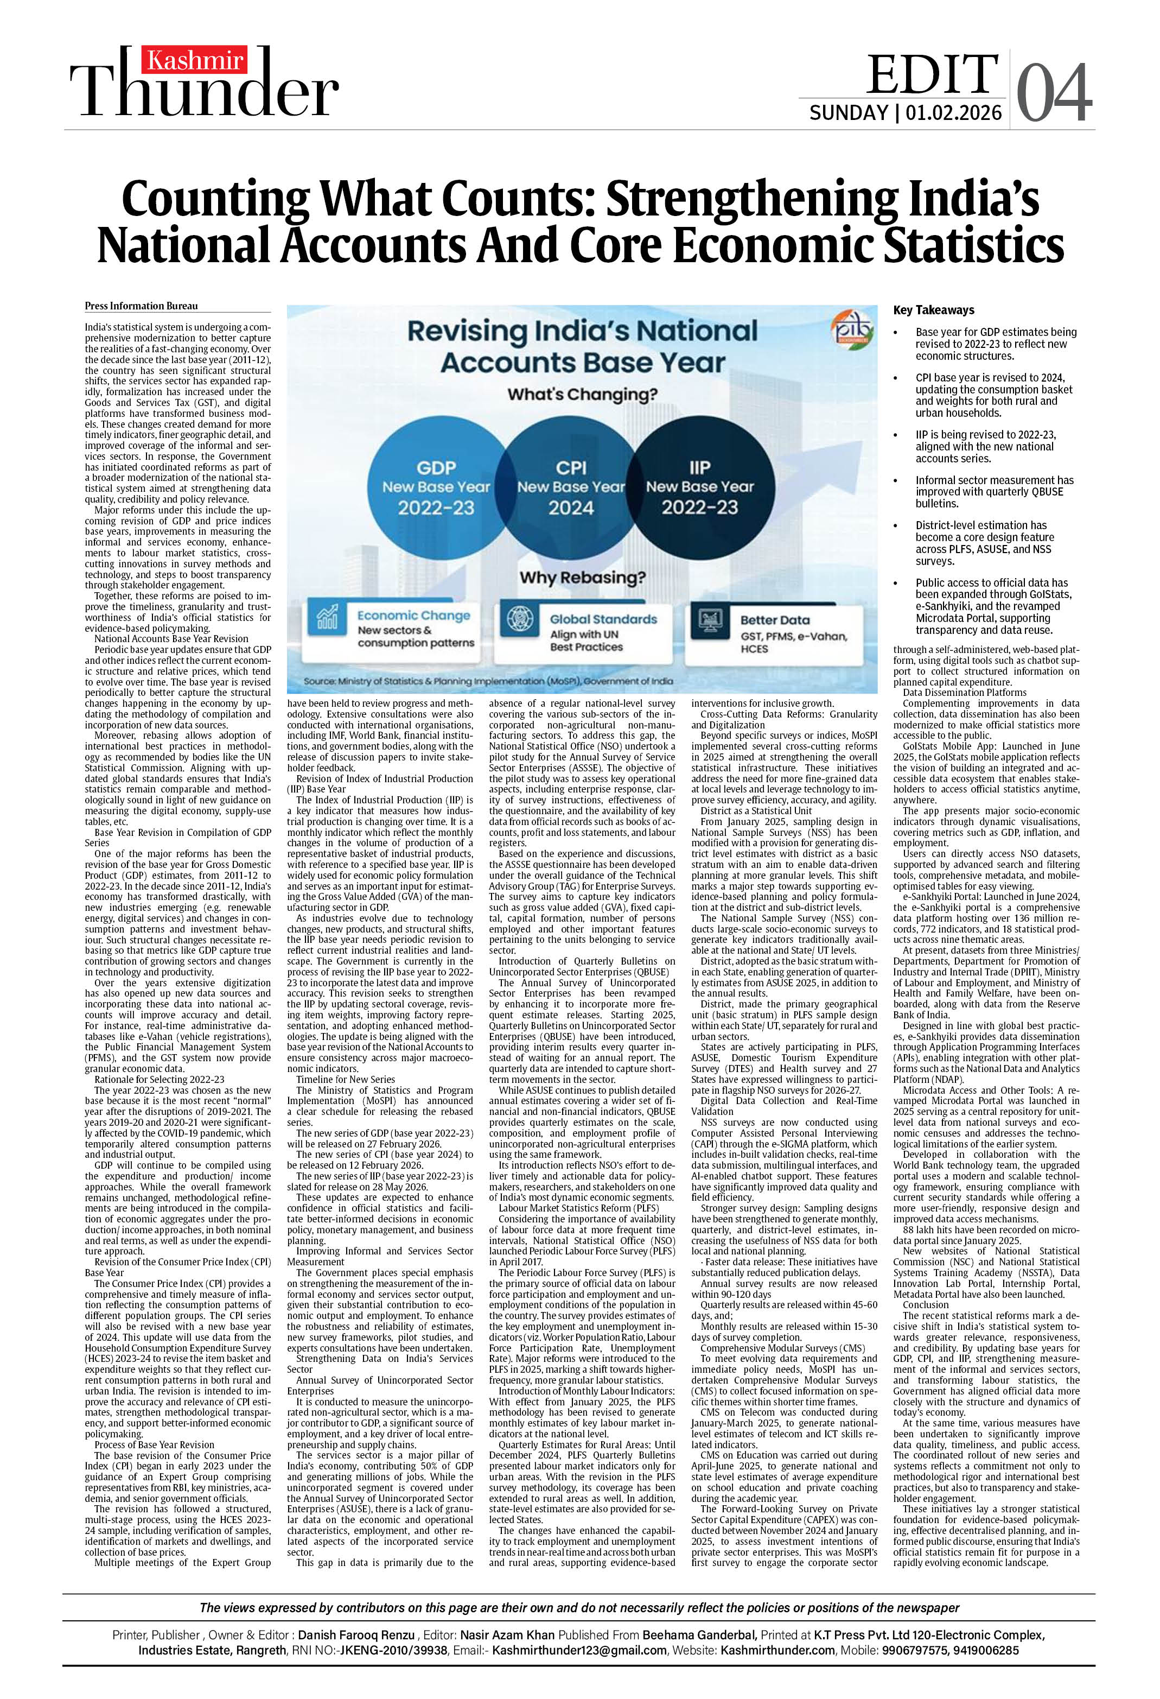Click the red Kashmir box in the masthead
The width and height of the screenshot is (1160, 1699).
[x=194, y=60]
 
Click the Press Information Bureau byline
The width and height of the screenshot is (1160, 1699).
[x=141, y=306]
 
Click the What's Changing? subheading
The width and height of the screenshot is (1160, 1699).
[x=583, y=394]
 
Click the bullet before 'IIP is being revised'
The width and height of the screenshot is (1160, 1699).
[x=895, y=435]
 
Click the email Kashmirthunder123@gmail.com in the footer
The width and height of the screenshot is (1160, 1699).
[x=579, y=1650]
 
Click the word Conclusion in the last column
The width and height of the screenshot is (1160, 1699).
[x=926, y=1304]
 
